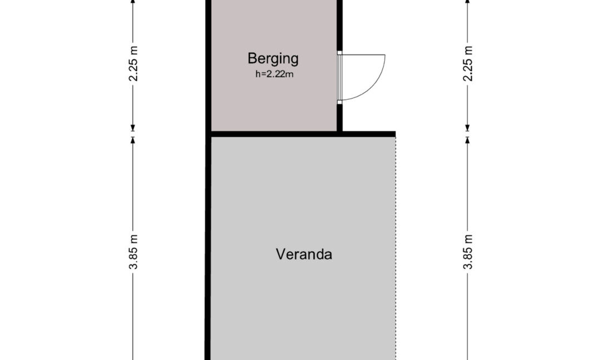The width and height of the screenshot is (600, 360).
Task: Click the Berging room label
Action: click(x=273, y=59)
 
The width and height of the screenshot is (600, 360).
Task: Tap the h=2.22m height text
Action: click(x=274, y=74)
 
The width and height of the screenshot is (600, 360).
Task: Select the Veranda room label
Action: click(x=304, y=254)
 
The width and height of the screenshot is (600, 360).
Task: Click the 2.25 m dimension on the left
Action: click(x=133, y=63)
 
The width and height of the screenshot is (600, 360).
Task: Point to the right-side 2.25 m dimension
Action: click(x=468, y=63)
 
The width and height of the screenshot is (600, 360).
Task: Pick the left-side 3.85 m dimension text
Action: click(x=133, y=252)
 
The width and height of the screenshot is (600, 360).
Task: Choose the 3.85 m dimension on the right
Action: click(x=468, y=252)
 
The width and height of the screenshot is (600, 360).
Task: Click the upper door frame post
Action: click(x=339, y=53)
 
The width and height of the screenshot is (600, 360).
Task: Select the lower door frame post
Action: click(x=339, y=102)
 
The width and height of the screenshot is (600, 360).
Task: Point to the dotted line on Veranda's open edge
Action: click(x=396, y=249)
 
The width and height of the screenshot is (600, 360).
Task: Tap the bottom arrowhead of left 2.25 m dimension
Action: click(x=133, y=128)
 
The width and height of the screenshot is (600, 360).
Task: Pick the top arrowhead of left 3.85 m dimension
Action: click(x=133, y=141)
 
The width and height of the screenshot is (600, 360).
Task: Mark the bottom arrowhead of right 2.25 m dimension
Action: click(x=467, y=128)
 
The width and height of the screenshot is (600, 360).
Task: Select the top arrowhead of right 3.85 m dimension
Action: click(x=467, y=141)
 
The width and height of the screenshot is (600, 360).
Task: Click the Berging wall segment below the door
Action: click(x=339, y=118)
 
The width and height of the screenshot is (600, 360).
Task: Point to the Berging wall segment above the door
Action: click(x=339, y=25)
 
